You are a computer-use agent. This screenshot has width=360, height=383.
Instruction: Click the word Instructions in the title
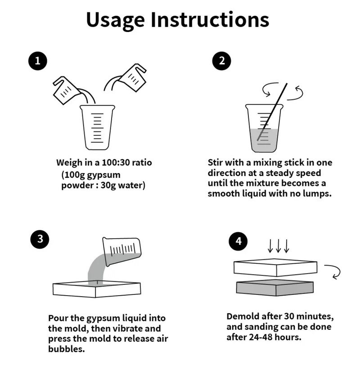(x=210, y=19)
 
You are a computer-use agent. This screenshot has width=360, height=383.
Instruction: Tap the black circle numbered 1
(x=38, y=61)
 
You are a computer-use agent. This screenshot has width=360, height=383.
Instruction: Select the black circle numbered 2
(x=221, y=61)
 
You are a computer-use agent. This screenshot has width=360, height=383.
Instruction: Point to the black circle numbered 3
(x=40, y=239)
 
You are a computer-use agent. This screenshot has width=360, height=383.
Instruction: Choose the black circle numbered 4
(x=238, y=241)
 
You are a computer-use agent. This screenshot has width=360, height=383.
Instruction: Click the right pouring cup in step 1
(x=133, y=77)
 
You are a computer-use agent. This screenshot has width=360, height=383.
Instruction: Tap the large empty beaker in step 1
(x=98, y=127)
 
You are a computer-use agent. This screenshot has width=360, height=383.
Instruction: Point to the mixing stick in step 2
(x=272, y=112)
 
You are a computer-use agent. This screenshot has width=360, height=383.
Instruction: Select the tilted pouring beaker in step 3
(x=121, y=251)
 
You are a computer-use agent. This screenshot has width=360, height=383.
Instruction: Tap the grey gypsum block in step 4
(x=275, y=288)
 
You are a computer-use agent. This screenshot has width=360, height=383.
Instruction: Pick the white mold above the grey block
(x=275, y=267)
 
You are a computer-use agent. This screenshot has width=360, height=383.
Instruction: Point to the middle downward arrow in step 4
(x=279, y=246)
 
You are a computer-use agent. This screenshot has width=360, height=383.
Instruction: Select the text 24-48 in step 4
(x=261, y=337)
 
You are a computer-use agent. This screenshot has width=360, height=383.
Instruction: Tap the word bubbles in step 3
(x=67, y=349)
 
